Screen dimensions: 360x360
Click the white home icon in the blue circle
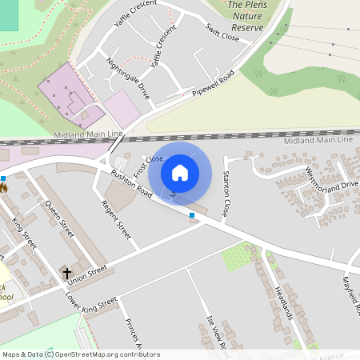(180, 172)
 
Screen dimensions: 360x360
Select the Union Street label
(86, 274)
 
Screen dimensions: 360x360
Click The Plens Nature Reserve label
(246, 16)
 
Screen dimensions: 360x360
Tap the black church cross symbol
(66, 273)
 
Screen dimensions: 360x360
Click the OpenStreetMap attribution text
(80, 354)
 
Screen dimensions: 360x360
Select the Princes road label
(132, 334)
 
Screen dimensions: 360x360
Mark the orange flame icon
(3, 189)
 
